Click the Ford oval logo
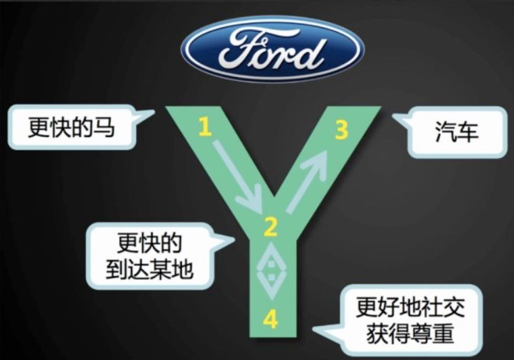(273, 49)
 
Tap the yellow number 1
(205, 127)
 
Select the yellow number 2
(271, 227)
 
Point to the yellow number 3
(341, 129)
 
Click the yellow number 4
(271, 320)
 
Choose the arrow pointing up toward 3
(308, 181)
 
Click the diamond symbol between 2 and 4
(272, 271)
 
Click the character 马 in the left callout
(104, 128)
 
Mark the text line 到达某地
(150, 270)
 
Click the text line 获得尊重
(410, 333)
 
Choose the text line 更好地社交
(410, 307)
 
